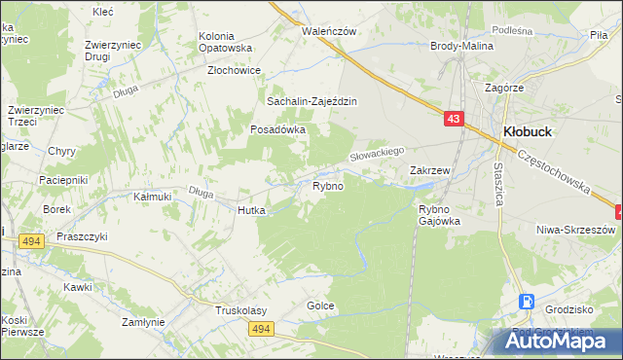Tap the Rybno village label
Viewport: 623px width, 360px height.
(327, 186)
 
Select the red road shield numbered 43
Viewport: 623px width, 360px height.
(455, 118)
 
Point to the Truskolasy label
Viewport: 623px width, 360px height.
(241, 310)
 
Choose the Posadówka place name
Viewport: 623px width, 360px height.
(278, 128)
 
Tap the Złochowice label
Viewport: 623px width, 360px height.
(234, 71)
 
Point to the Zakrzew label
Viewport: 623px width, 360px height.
(429, 170)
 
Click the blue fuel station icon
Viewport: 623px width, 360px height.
(527, 303)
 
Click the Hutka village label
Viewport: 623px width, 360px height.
(245, 209)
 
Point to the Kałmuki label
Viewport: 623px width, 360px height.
(152, 197)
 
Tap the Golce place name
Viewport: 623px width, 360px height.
(320, 306)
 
